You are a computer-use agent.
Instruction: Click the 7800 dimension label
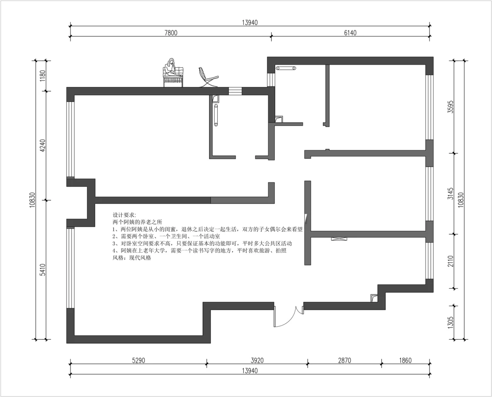171,33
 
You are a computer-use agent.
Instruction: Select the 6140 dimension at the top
350,33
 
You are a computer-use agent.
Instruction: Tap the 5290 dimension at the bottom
138,361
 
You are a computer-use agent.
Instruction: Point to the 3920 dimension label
257,361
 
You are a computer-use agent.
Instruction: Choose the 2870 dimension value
344,361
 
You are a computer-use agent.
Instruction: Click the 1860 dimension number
405,361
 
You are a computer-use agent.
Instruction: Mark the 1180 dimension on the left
43,76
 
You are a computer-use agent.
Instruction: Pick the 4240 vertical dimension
43,146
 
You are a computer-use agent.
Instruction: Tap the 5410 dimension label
43,270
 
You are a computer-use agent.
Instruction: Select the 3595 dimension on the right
451,107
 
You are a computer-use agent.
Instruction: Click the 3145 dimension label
451,194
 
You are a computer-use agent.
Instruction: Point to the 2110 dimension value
451,261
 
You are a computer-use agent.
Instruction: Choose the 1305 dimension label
451,322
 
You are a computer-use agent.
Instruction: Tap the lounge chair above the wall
207,77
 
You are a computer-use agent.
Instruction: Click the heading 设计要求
123,215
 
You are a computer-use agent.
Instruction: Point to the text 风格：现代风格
132,258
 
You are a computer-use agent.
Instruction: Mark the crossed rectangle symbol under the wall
339,239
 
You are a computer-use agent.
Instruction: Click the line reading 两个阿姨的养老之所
137,222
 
